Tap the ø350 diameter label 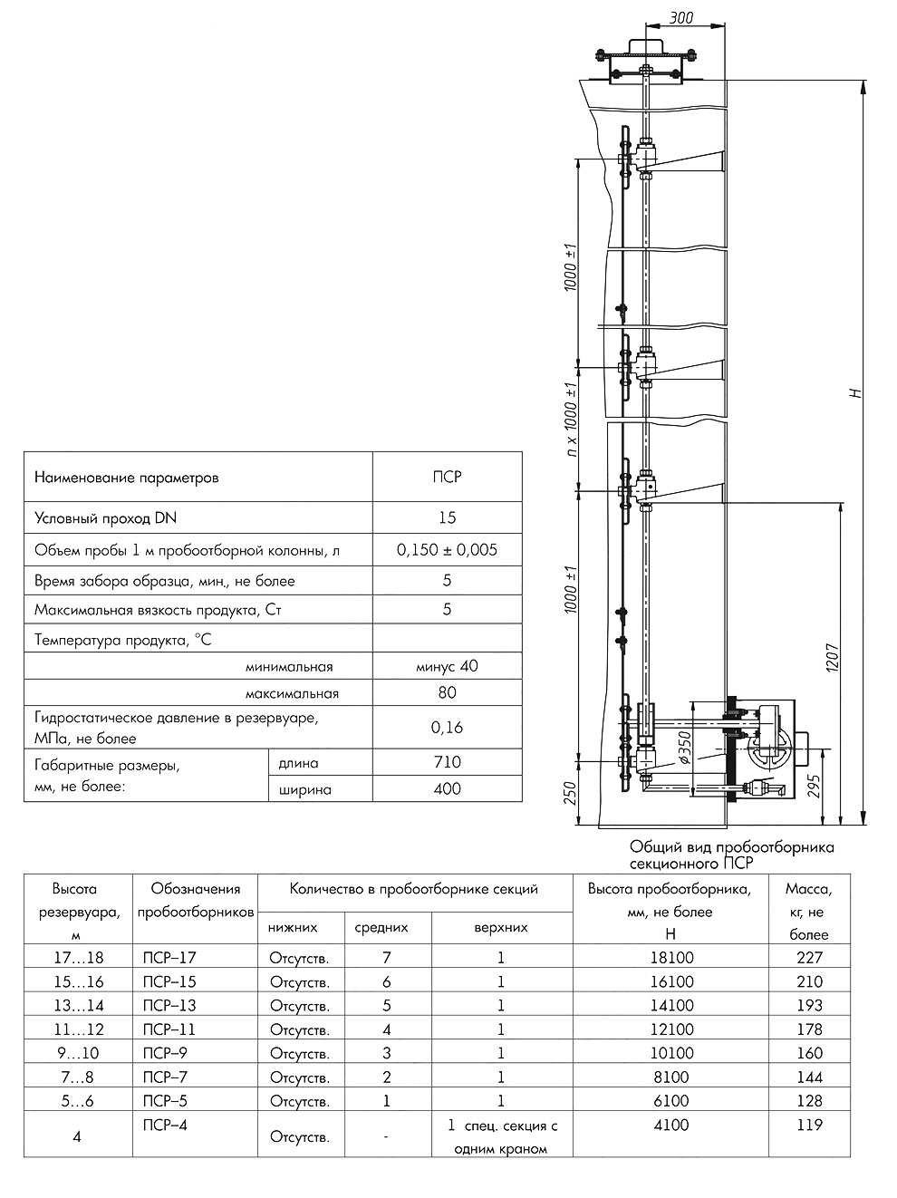686,747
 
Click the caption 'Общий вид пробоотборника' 731,847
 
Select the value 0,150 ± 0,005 447,549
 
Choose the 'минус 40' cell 447,666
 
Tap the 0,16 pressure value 447,727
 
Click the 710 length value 447,762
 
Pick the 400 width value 447,788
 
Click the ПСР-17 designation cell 169,957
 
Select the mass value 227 809,957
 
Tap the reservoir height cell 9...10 77,1053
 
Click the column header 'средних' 381,927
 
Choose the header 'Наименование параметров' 126,477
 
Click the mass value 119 809,1125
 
